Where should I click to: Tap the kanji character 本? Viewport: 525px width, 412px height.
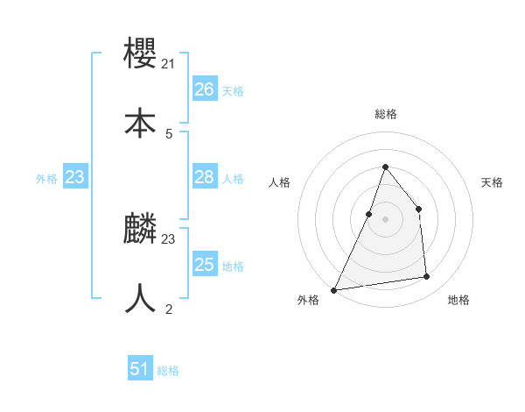(140, 123)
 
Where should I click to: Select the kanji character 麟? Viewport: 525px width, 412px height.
(140, 229)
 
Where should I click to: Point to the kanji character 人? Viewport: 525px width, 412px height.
(140, 298)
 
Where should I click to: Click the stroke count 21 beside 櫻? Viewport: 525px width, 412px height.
(168, 63)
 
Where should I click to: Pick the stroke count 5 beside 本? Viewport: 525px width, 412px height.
(168, 133)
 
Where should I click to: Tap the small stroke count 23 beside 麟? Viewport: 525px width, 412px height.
(168, 238)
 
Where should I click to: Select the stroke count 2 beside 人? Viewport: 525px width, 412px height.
(168, 309)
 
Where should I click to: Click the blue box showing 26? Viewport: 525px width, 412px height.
(204, 89)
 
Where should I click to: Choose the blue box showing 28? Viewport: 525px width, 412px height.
(204, 177)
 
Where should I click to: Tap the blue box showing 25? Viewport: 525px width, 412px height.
(204, 265)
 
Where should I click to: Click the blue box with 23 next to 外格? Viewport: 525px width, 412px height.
(74, 177)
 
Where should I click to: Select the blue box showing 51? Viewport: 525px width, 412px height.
(139, 370)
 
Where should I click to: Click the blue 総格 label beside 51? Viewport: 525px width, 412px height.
(168, 372)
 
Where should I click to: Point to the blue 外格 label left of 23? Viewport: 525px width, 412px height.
(46, 179)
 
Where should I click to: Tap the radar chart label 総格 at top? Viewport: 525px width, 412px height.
(385, 114)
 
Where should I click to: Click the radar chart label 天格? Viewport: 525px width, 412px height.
(493, 182)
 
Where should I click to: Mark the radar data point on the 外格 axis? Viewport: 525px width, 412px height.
(334, 289)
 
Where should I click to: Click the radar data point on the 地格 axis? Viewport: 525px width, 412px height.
(427, 277)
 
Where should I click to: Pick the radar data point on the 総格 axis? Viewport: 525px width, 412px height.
(385, 167)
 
